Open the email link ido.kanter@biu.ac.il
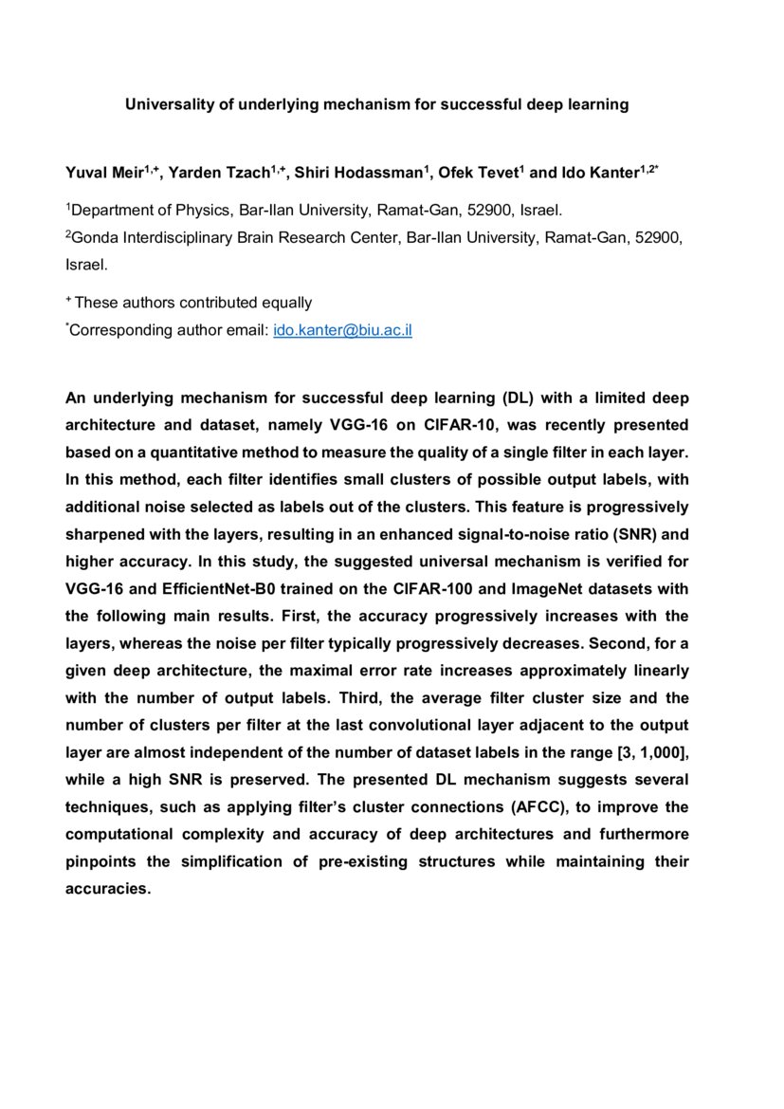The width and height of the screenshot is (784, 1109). pyautogui.click(x=342, y=331)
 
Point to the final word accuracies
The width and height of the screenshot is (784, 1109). pyautogui.click(x=108, y=890)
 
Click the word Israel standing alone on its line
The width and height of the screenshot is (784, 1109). pyautogui.click(x=86, y=266)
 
